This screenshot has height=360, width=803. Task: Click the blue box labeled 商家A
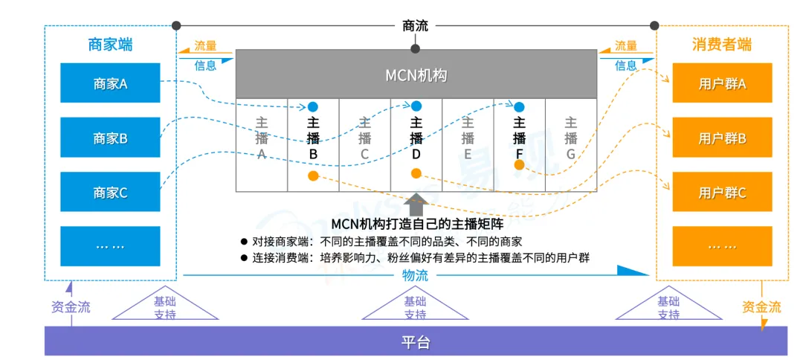pos(110,83)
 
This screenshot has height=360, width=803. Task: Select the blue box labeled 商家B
pos(110,138)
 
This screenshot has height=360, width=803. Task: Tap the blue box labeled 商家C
pos(110,193)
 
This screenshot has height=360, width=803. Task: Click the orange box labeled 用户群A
pos(722,83)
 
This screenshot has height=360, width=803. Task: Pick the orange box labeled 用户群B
pos(722,138)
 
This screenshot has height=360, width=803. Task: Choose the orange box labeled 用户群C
pos(722,193)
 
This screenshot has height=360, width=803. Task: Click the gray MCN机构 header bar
pos(416,74)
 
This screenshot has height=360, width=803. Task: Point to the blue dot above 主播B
pos(313,107)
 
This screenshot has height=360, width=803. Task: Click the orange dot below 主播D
pos(416,173)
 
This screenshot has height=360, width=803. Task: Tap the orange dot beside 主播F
pos(520,164)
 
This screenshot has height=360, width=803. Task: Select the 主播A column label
pos(262,138)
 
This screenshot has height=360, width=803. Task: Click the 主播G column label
pos(571,138)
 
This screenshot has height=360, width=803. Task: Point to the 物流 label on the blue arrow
pos(416,275)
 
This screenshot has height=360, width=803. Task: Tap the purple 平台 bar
pos(416,343)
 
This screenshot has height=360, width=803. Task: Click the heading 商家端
pos(110,44)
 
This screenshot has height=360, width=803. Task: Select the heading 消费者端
pos(722,44)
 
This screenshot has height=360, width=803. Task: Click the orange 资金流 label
pos(761,306)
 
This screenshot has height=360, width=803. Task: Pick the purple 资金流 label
pos(71,306)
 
